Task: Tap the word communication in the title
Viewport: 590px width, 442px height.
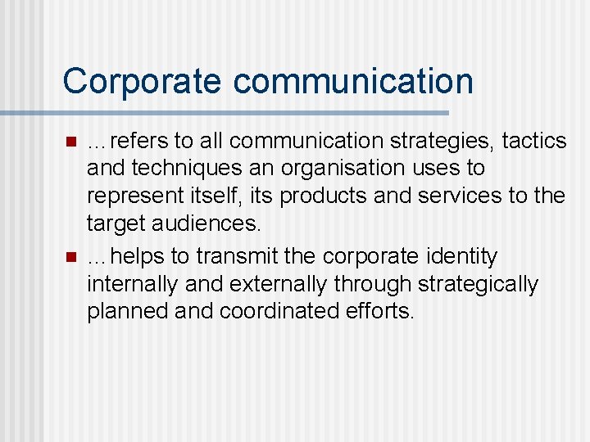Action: click(353, 81)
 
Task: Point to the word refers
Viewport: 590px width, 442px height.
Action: click(142, 141)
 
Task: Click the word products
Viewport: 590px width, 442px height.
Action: click(343, 196)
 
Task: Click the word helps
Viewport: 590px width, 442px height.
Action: click(138, 256)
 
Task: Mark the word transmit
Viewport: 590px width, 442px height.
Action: click(238, 256)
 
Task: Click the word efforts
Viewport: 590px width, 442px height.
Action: click(383, 312)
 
